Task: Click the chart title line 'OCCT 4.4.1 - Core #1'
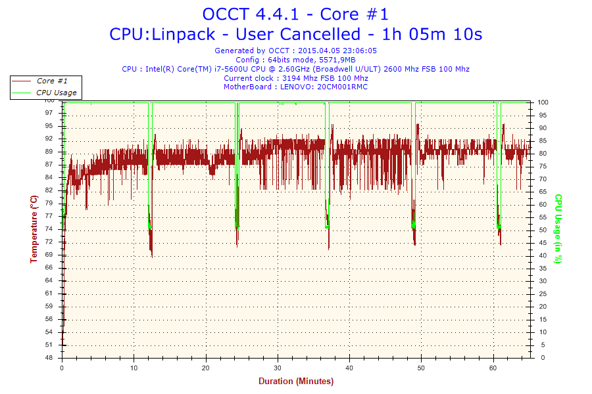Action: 295,14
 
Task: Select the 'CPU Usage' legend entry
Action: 56,93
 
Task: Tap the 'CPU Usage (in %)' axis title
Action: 558,228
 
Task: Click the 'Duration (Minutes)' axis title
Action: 295,382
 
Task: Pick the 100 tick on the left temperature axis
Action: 49,100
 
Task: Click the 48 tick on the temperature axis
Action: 49,358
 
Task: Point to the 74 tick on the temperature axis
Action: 49,229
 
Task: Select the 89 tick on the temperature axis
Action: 49,152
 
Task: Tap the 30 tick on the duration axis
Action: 278,368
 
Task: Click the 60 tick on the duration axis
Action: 494,368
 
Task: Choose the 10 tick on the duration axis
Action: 134,368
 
